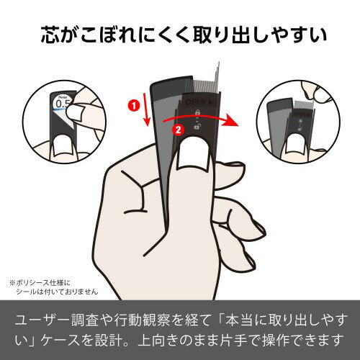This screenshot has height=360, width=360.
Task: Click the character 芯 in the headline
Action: pos(52,34)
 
